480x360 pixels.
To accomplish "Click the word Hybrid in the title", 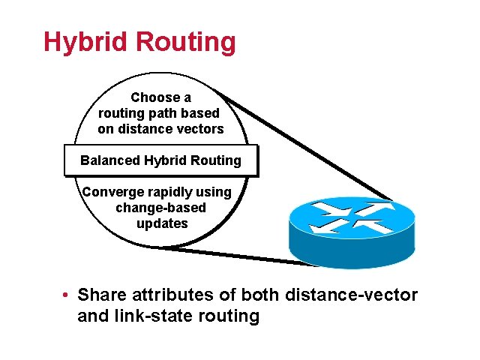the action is pyautogui.click(x=82, y=42).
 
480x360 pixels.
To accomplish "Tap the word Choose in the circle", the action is pyautogui.click(x=154, y=97).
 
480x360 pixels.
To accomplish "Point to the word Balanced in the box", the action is pyautogui.click(x=110, y=160).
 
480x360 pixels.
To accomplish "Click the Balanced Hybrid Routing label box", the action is pyautogui.click(x=160, y=160).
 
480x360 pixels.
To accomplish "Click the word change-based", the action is pyautogui.click(x=161, y=207).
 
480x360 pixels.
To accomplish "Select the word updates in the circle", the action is pyautogui.click(x=162, y=223).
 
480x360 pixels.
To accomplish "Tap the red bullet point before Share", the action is pyautogui.click(x=67, y=295).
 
